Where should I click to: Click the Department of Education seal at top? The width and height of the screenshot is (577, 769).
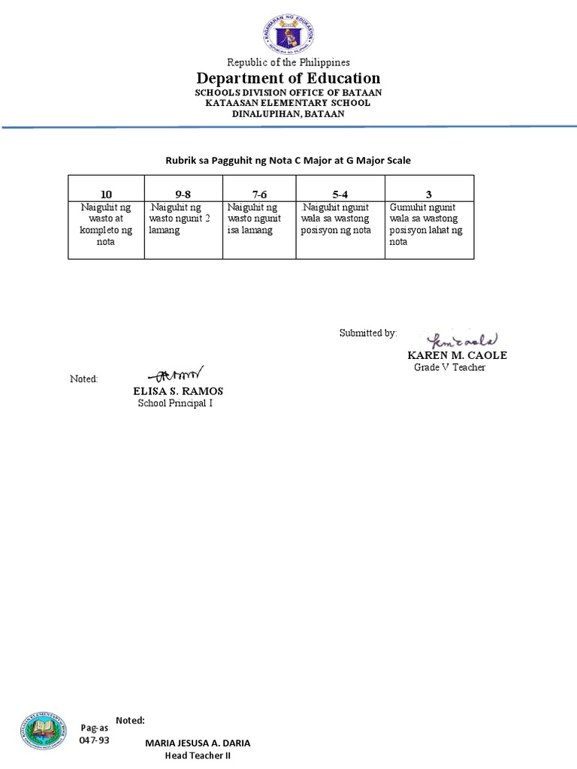point(288,35)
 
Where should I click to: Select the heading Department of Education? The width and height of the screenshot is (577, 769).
point(288,78)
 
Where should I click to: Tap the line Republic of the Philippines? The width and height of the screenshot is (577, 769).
point(288,62)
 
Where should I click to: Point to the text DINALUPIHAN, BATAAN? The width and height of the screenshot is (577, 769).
point(288,114)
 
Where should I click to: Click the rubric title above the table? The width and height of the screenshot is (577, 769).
point(288,161)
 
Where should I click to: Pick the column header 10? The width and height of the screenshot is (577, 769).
point(106,195)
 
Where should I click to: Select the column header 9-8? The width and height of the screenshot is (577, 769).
point(183,195)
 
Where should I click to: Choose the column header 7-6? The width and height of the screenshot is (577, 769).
point(259,195)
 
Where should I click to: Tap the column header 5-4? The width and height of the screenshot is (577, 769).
point(340,195)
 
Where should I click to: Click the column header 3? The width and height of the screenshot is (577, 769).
point(428,195)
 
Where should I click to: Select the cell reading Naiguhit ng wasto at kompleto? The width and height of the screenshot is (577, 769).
point(106,225)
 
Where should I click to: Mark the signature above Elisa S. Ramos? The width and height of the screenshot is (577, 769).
point(175,373)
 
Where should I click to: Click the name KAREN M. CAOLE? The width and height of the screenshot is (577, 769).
point(458,355)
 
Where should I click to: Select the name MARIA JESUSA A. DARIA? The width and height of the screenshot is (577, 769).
point(198,743)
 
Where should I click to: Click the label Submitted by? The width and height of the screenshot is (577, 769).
point(367,333)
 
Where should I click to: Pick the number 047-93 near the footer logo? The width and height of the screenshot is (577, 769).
point(94,740)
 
